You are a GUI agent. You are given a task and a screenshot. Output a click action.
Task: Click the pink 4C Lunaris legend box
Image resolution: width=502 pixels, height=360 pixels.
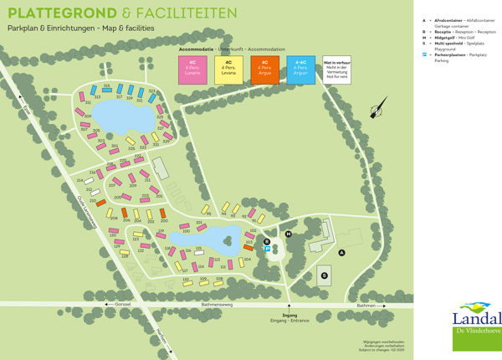(192, 69)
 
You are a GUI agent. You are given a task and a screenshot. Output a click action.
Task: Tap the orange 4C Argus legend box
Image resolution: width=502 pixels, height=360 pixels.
(265, 69)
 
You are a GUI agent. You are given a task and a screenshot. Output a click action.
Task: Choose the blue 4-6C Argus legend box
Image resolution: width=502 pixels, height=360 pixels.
(301, 69)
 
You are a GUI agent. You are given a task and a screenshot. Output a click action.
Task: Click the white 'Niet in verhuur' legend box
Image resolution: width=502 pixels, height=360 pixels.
(336, 69)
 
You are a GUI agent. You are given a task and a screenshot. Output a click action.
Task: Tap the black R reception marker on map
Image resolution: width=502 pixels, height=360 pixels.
(266, 241)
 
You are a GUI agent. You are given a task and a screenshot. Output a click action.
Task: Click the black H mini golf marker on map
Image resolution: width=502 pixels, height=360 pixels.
(289, 234)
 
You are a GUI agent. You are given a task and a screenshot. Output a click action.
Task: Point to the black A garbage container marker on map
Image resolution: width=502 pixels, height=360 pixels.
(341, 252)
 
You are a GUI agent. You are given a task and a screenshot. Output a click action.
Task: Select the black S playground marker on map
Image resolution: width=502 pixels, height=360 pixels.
(324, 275)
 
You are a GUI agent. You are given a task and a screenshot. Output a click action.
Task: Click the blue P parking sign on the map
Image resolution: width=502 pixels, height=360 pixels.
(268, 248)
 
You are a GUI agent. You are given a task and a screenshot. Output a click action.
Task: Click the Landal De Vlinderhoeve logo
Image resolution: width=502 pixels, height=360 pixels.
(476, 321)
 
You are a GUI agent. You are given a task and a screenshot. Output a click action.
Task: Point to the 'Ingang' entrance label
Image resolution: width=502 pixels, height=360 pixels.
(289, 315)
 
